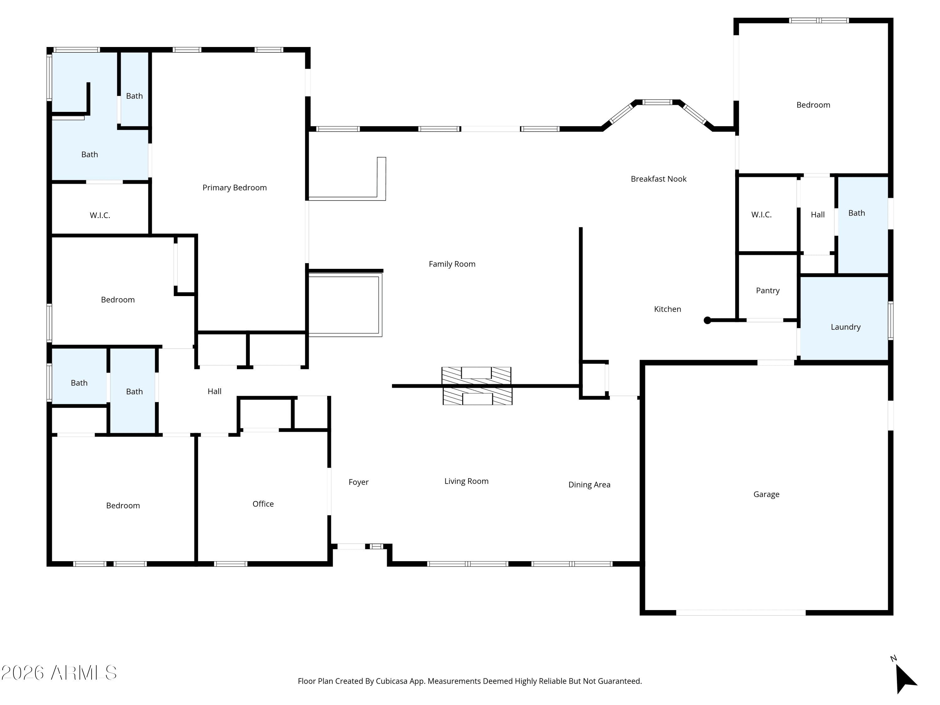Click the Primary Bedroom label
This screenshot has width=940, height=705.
tap(235, 188)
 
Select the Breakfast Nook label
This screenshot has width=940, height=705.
tap(659, 179)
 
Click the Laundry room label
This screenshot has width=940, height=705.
tap(846, 327)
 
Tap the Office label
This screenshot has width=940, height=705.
tap(263, 504)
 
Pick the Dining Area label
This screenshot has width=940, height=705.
tap(589, 485)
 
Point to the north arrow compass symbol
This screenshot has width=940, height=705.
tap(904, 679)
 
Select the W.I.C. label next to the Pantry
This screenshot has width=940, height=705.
tap(761, 215)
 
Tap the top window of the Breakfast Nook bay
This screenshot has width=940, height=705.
tap(657, 102)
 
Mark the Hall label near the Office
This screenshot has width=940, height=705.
tap(215, 391)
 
